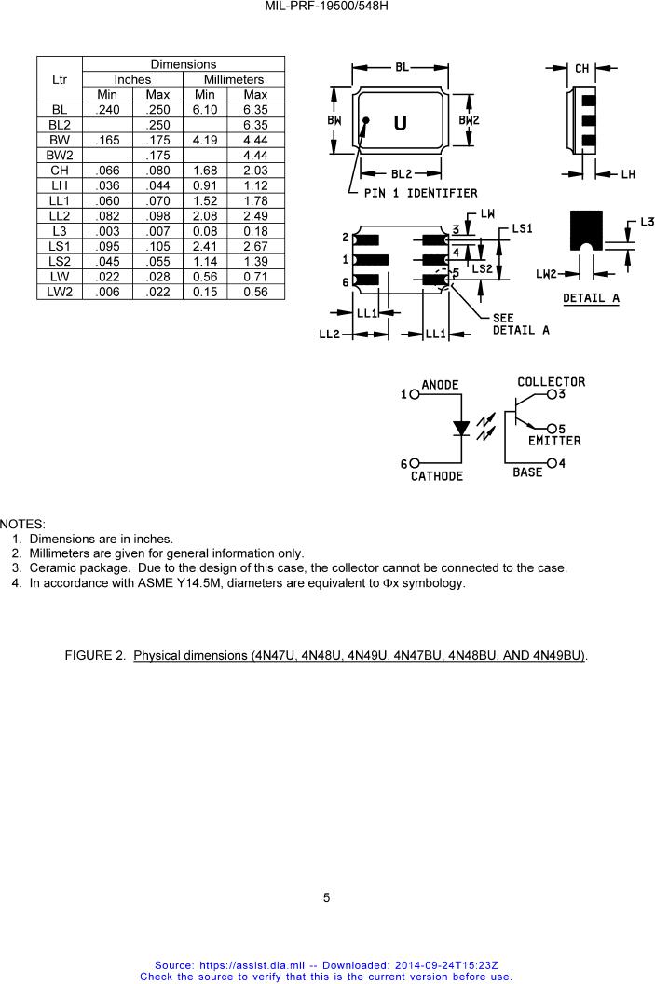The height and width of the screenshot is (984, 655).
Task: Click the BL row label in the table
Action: tap(60, 110)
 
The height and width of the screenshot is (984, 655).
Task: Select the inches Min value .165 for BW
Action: tap(107, 140)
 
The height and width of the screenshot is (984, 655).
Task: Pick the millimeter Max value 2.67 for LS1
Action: tap(255, 247)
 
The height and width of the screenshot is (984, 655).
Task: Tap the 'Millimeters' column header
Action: tap(233, 80)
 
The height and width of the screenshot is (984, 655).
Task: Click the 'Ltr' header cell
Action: tap(60, 80)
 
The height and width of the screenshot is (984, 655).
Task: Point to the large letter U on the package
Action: tap(400, 123)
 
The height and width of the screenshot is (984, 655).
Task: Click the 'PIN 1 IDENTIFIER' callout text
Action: tap(420, 193)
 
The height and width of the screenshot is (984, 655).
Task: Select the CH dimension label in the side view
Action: tap(581, 68)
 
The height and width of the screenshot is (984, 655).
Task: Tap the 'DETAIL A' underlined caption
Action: tap(591, 299)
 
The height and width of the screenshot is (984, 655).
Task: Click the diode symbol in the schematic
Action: tap(462, 428)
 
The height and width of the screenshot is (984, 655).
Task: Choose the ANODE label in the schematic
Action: tap(440, 385)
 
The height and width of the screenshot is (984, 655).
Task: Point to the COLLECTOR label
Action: tap(551, 381)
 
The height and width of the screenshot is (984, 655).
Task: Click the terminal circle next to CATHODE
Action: tap(415, 463)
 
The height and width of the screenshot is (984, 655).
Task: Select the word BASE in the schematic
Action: tap(527, 471)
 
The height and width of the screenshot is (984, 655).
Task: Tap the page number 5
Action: tap(326, 898)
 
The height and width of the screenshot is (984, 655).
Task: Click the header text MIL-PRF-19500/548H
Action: tap(326, 7)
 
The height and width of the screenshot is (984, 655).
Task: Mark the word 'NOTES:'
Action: tap(22, 524)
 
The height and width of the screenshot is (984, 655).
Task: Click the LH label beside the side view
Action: tap(628, 174)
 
